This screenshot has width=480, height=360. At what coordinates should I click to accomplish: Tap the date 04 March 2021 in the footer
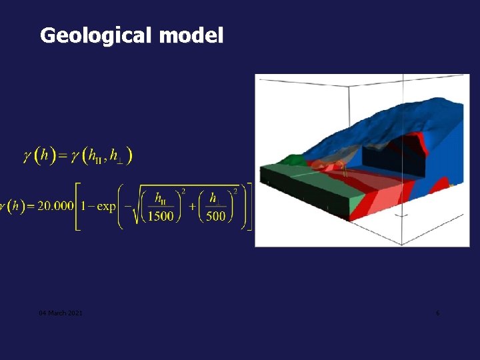61,313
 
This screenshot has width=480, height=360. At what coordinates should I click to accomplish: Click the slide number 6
437,313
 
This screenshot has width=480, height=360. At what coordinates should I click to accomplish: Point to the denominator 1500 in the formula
161,216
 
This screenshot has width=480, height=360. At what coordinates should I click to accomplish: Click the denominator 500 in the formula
216,216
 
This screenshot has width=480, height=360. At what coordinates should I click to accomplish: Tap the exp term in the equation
107,206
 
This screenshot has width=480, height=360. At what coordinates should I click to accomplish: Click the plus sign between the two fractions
189,206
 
